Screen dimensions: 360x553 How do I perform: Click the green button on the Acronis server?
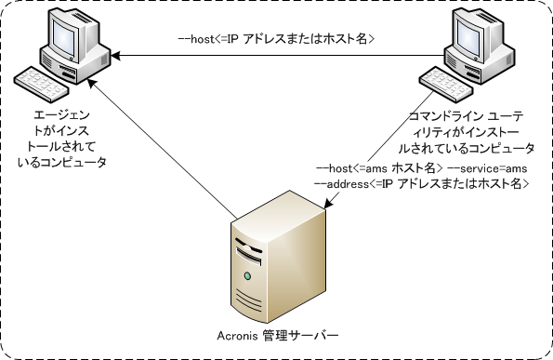[247, 277]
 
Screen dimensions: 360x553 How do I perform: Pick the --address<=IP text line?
[423, 184]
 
